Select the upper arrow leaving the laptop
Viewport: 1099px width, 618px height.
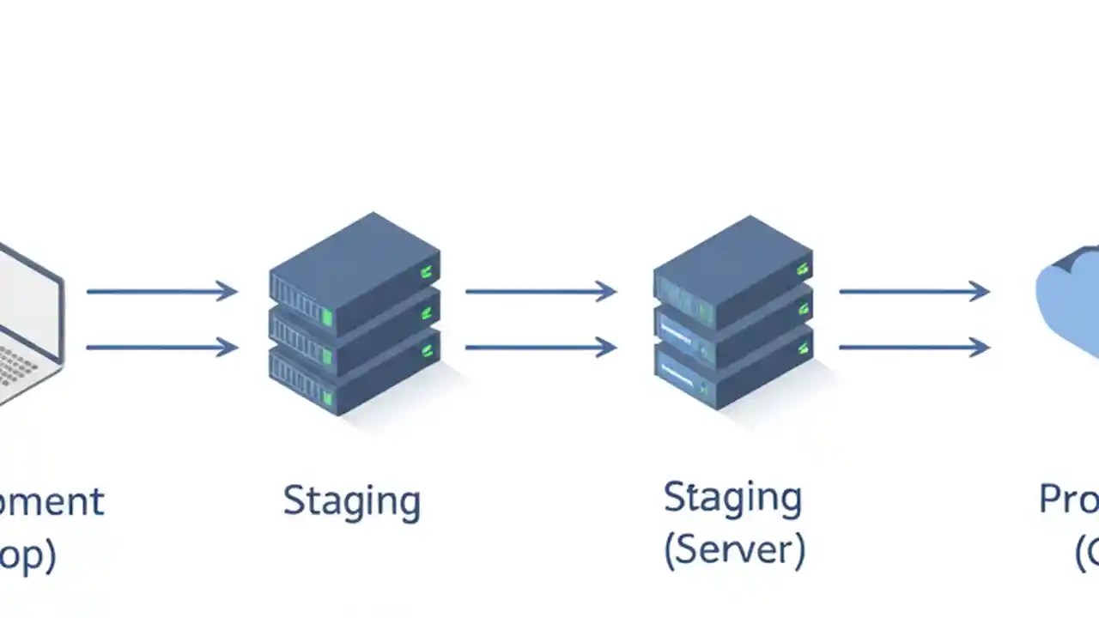coord(161,292)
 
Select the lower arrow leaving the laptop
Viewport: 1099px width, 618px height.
coord(161,348)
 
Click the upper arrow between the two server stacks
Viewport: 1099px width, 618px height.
coord(541,292)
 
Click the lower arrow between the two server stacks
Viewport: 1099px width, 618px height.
coord(541,348)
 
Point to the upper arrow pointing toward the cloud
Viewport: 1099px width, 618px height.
coord(914,292)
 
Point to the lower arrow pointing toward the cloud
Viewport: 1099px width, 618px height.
coord(914,348)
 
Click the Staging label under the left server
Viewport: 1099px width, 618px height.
coord(352,500)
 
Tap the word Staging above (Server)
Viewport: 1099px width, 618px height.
coord(732,498)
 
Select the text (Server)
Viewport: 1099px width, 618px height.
coord(735,549)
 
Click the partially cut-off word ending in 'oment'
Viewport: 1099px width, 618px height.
coord(52,500)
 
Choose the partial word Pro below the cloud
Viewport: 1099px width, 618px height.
coord(1068,499)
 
